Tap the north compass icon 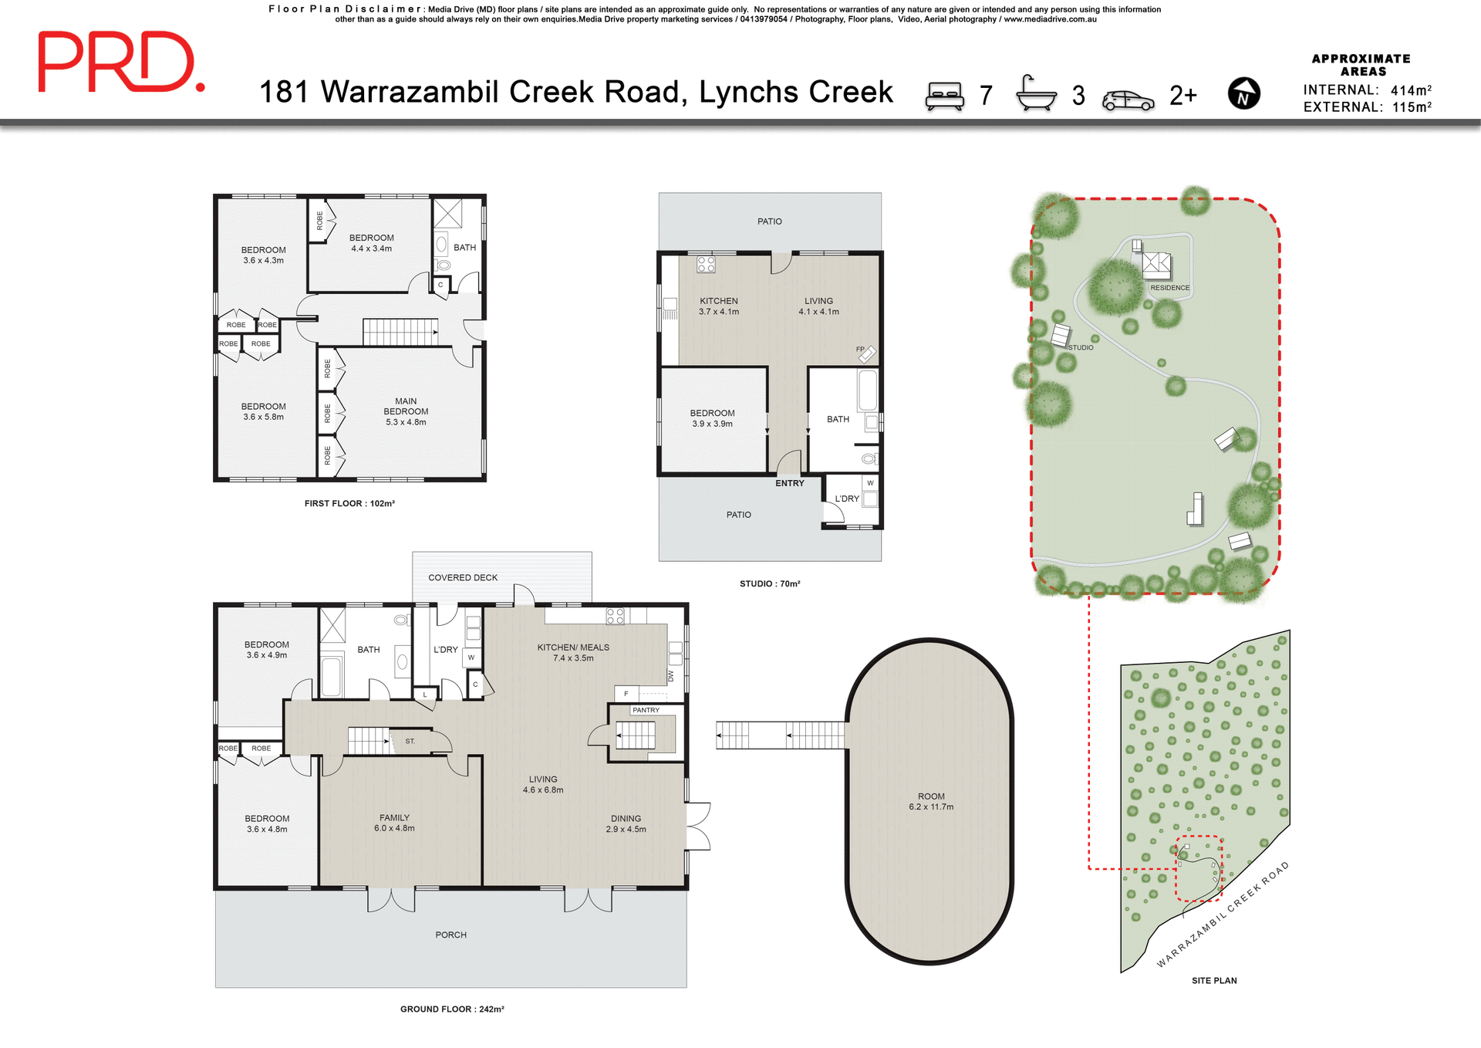pos(1243,94)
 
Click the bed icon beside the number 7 pos(945,96)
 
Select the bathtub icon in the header pos(1036,93)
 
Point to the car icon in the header pos(1128,100)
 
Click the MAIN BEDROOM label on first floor pos(406,411)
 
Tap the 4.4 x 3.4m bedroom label pos(371,243)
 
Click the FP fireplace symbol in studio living pos(866,353)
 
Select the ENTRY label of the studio pos(789,483)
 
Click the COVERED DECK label pos(463,577)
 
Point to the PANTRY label pos(646,710)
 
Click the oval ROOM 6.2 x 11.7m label pos(931,801)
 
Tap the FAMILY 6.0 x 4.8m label pos(394,823)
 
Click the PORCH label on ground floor pos(450,935)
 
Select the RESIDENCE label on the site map pos(1169,288)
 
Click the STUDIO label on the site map pos(1081,347)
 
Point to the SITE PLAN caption pos(1214,980)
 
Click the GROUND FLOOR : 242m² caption pos(452,1009)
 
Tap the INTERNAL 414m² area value pos(1411,90)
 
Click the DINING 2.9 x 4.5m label pos(626,823)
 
